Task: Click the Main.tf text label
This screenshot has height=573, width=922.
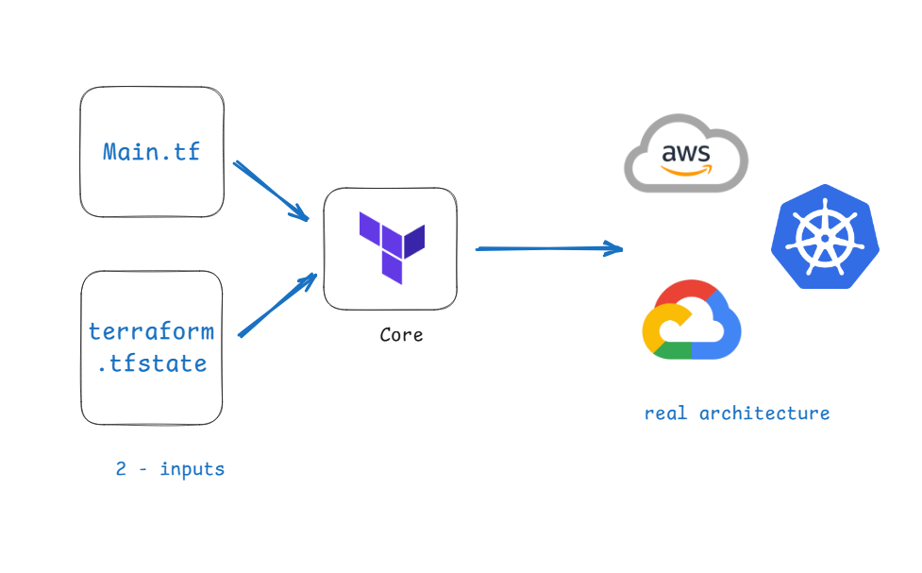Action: [x=151, y=151]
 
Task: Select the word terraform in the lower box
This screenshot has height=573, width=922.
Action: [x=151, y=331]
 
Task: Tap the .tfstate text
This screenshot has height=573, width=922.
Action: [x=151, y=363]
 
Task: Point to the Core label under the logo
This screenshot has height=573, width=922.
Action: [x=401, y=335]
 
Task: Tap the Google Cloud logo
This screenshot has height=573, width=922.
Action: [x=692, y=321]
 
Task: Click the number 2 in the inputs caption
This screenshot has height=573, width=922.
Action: [x=121, y=469]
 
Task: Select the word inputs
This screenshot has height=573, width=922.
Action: [x=192, y=469]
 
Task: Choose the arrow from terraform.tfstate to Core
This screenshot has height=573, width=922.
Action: [x=276, y=305]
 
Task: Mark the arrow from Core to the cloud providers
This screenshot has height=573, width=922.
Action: [x=547, y=248]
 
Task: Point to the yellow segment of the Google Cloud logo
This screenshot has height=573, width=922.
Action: [x=651, y=326]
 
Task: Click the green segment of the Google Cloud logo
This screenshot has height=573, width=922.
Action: [x=672, y=350]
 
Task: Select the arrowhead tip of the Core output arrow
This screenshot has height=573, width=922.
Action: [x=621, y=249]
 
